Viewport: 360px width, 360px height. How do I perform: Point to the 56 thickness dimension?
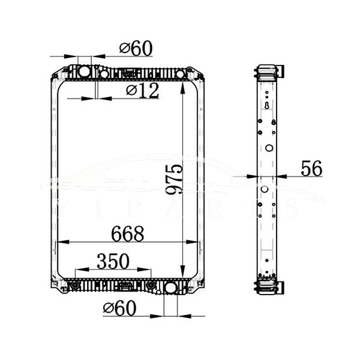click(x=311, y=169)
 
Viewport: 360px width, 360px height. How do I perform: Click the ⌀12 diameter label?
click(x=142, y=91)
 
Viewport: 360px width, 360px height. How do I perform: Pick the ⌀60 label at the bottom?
click(x=119, y=308)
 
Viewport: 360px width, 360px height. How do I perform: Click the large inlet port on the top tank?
click(x=83, y=73)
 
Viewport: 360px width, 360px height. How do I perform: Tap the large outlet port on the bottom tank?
click(x=170, y=289)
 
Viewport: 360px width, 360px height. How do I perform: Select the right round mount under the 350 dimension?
click(x=151, y=284)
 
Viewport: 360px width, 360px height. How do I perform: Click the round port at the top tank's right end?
click(x=179, y=73)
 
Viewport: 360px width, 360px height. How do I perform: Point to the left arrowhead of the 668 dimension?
click(x=59, y=242)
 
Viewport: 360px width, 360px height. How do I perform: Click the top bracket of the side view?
click(x=268, y=72)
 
